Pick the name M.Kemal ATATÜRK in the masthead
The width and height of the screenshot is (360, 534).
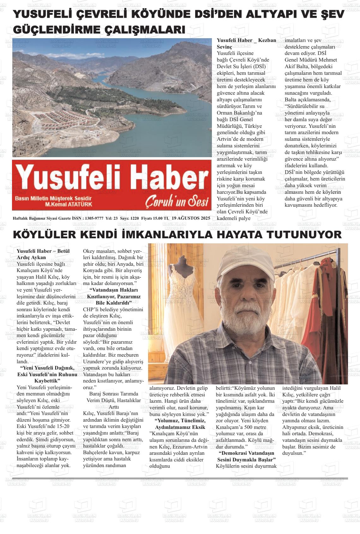point(69,204)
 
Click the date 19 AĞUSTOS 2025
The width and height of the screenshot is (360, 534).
point(191,218)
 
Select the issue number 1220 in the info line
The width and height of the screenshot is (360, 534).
point(134,218)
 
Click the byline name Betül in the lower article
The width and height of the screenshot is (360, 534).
point(61,251)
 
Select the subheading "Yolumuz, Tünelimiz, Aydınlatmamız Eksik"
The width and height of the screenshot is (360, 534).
point(180,424)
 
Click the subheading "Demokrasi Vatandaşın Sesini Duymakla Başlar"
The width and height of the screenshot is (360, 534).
point(246,456)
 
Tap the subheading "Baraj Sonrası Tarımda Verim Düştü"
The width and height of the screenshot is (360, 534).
point(113,397)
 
